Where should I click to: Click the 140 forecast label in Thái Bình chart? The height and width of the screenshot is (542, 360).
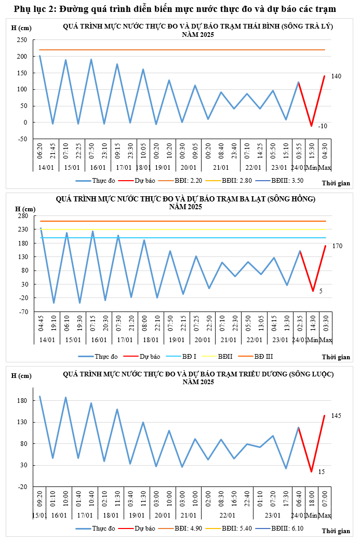point(336,76)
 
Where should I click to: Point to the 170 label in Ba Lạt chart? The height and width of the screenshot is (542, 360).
point(337,246)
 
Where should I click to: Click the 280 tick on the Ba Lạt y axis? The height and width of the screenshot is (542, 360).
point(22,216)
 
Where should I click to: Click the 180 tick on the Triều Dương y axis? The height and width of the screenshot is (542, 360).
point(22,401)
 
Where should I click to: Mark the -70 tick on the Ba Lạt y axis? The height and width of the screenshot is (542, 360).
point(22,312)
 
